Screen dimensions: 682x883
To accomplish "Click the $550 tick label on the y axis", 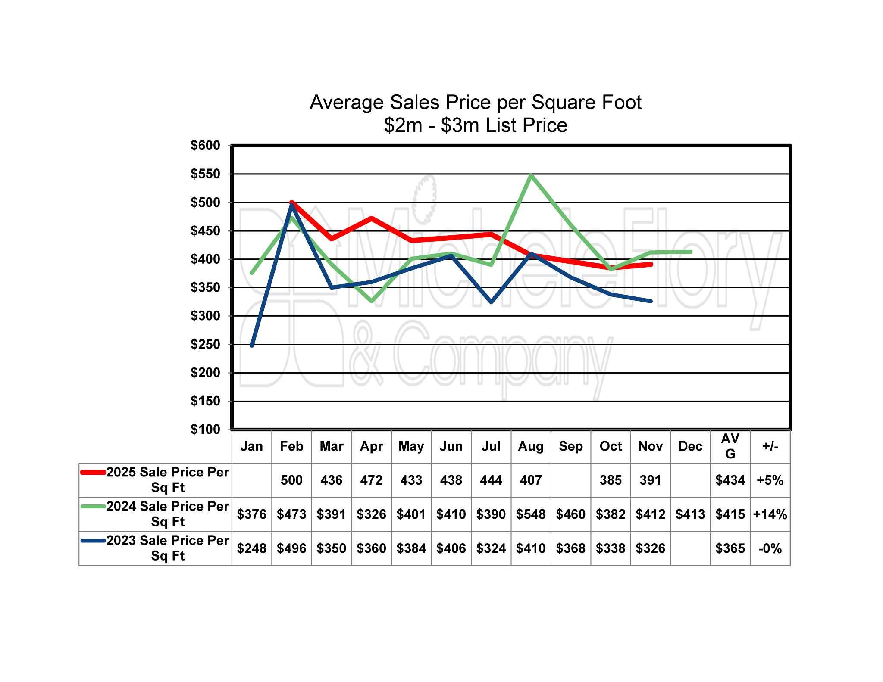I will pos(205,174).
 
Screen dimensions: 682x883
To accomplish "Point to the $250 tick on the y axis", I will pos(205,345).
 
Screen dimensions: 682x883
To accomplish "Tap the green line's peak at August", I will pos(531,175).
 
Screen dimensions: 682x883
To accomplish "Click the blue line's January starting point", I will pos(252,346).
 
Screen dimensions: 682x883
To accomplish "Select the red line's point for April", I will pos(371,218).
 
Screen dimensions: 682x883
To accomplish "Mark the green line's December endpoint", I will pos(691,252).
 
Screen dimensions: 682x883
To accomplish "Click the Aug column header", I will pos(531,446).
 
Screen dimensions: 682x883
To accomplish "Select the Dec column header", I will pos(690,446).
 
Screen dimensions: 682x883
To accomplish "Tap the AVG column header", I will pos(730,446).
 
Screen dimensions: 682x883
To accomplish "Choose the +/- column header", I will pos(770,446).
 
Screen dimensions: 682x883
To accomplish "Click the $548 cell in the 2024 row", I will pos(531,514).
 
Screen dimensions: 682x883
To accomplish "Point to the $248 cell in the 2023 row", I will pos(252,548).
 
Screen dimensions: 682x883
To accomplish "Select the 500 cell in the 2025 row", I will pos(291,480).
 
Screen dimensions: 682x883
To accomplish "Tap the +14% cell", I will pos(770,514).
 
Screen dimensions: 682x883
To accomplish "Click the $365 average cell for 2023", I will pos(730,548).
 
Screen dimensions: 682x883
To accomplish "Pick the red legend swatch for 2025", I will pos(93,473).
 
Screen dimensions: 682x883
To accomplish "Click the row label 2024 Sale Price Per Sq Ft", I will pos(168,514).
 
